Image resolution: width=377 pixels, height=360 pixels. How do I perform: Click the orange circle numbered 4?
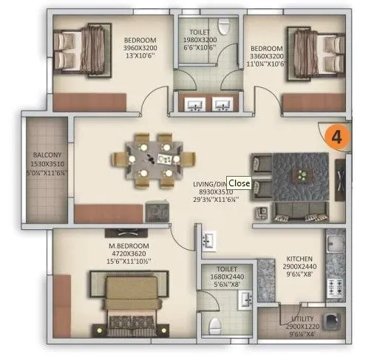tap(337, 137)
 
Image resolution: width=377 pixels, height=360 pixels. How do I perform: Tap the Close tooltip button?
tap(239, 182)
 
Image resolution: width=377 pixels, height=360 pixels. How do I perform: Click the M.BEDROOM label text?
tap(128, 245)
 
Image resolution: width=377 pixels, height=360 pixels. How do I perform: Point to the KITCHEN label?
tap(301, 260)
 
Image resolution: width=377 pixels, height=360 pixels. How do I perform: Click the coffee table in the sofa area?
tap(301, 175)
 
